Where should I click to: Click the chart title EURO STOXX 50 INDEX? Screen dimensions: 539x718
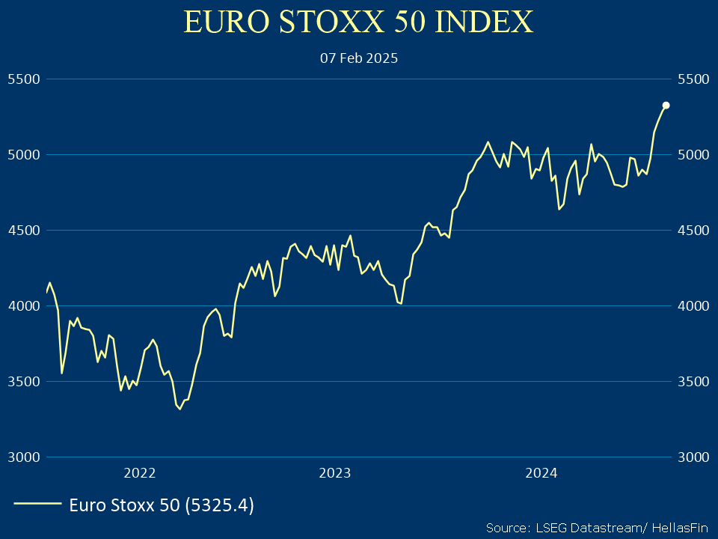[359, 22]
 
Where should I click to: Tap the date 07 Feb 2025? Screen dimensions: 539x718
[359, 58]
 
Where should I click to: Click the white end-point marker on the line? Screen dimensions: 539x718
[666, 106]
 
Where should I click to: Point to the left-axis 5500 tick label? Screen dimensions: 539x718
[22, 79]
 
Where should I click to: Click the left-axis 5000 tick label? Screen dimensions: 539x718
[22, 154]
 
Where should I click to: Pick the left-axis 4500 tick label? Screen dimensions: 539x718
[22, 230]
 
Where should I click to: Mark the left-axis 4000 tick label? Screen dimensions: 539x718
[22, 305]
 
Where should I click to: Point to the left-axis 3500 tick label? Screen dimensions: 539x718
[22, 381]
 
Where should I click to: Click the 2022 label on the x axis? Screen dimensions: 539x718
[140, 473]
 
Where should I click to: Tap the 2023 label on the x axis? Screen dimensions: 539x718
[334, 473]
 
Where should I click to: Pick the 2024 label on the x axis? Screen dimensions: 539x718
[541, 473]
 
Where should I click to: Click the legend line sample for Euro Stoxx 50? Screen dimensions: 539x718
[37, 505]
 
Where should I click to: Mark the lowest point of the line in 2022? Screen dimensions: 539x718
[179, 409]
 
